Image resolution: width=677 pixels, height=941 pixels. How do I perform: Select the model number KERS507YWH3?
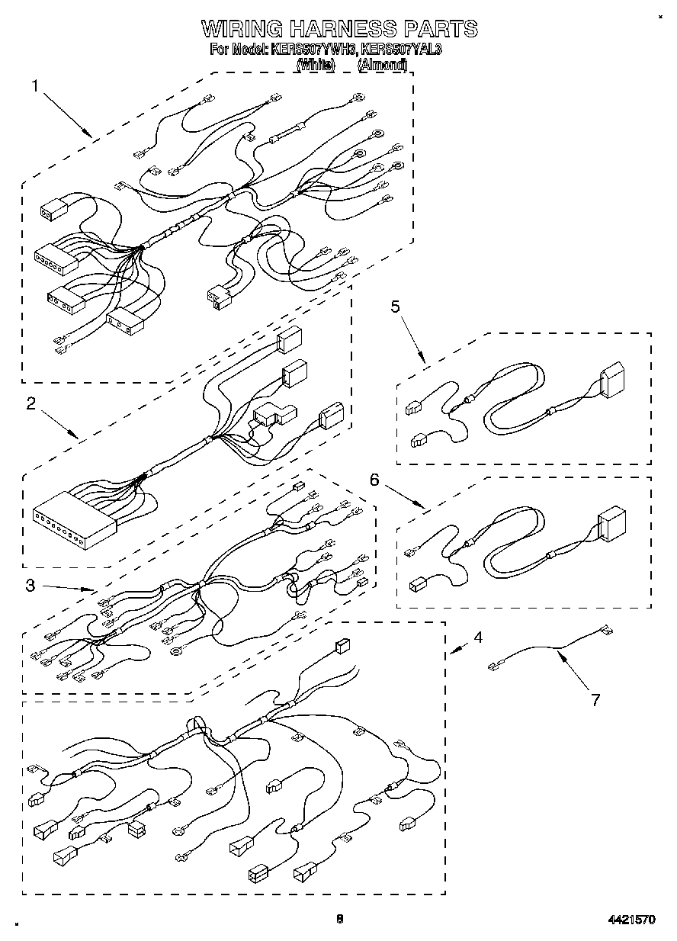(x=313, y=50)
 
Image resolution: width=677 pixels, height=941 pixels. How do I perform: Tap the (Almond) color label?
(x=383, y=66)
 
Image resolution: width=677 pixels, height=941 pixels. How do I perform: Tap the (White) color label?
(x=316, y=66)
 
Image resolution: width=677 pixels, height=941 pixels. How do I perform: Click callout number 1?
(x=34, y=86)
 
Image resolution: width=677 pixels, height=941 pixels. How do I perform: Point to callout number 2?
(x=31, y=404)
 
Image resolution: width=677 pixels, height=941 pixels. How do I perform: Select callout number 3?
(x=30, y=585)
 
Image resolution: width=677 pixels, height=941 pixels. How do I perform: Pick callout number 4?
(x=476, y=638)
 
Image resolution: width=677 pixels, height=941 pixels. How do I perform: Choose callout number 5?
(x=395, y=307)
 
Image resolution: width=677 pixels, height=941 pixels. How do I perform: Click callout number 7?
(x=595, y=699)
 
